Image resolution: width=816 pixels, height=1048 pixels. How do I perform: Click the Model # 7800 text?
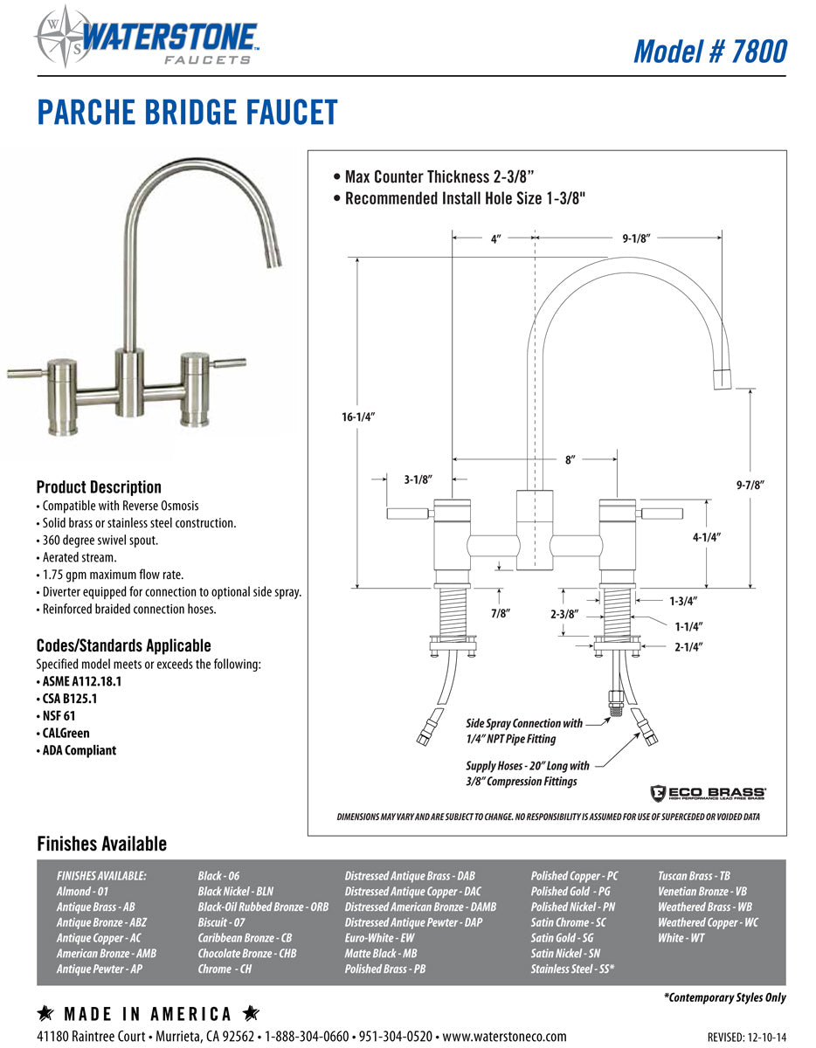tap(709, 51)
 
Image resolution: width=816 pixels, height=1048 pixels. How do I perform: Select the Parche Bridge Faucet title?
tap(187, 114)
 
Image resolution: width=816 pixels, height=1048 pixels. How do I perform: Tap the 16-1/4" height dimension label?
tap(358, 417)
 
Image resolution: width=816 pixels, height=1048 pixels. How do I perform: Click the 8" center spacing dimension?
tap(570, 459)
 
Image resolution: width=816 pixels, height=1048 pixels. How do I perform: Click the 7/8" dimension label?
tap(500, 613)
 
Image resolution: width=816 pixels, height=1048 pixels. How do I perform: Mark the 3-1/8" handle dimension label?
tap(418, 479)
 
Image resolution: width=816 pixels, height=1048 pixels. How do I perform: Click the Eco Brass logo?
tap(707, 793)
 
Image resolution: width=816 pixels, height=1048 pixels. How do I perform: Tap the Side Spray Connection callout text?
tap(523, 731)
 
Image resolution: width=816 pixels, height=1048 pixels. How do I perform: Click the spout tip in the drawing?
tap(722, 378)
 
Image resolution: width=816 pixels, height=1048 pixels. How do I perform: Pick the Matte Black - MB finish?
tap(380, 954)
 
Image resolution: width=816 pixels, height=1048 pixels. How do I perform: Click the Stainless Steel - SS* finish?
tap(572, 969)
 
